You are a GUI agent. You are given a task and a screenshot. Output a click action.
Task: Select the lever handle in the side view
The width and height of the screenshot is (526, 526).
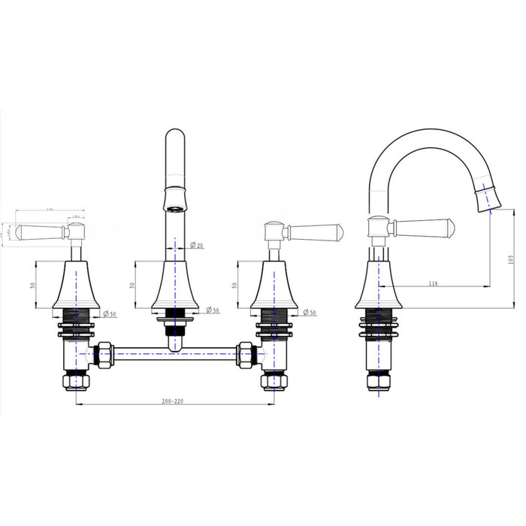pyautogui.click(x=422, y=225)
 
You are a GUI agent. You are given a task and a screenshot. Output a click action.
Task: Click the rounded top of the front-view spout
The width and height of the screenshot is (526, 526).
pyautogui.click(x=175, y=139)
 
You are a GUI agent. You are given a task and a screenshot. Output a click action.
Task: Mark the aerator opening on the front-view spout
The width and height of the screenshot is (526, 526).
pyautogui.click(x=174, y=207)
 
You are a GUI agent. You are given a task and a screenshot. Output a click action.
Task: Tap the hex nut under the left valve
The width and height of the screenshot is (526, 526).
pyautogui.click(x=77, y=382)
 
